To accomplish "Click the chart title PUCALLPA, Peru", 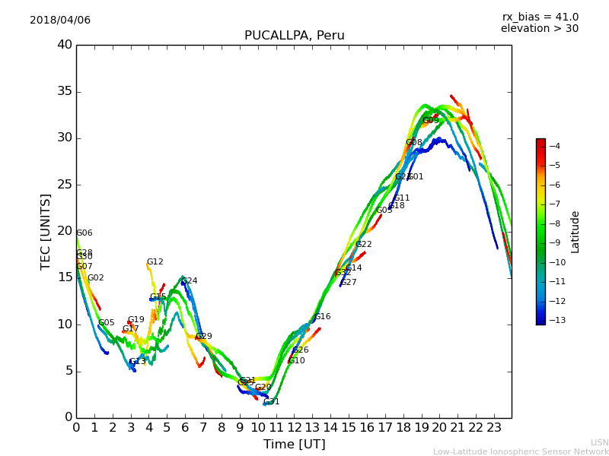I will point(294,36).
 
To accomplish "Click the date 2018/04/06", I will point(60,21).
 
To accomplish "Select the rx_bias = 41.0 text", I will point(540,17).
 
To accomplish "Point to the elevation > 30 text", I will point(540,29).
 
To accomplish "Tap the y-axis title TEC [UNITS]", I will point(46,231).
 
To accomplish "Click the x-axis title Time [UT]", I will point(294,444).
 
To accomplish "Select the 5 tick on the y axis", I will point(68,371).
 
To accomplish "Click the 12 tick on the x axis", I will point(295,427).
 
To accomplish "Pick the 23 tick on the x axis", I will point(493,427).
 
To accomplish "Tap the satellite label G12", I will point(155,262).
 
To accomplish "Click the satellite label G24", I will point(189,281).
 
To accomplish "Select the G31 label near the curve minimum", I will point(272,402).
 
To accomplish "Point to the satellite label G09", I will point(431,121).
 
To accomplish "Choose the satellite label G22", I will point(364,245).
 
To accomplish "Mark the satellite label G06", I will point(84,233).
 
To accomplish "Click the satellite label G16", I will point(323,317).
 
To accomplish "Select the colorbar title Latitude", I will point(576,232).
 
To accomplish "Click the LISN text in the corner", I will point(599,442).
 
